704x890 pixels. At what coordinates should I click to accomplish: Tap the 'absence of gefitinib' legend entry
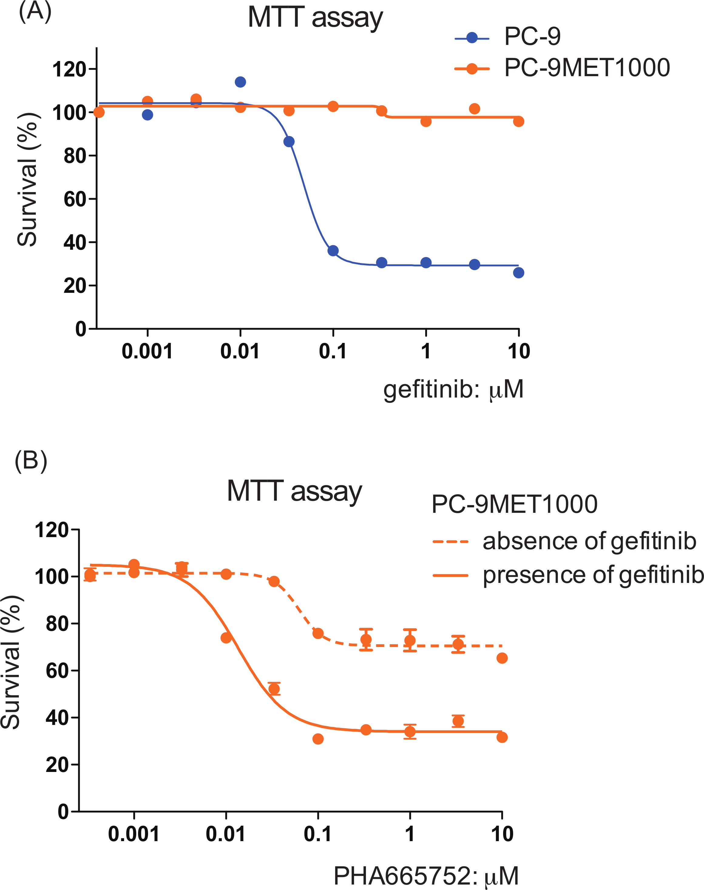click(589, 542)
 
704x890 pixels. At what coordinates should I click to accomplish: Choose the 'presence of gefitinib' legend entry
click(593, 575)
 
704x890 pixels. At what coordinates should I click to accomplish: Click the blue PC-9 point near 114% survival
click(240, 82)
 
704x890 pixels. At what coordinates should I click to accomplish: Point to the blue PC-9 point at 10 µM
click(519, 272)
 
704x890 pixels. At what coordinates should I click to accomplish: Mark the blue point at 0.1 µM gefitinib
click(333, 251)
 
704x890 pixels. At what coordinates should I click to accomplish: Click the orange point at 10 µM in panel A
click(519, 121)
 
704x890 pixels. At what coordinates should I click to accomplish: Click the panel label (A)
click(35, 12)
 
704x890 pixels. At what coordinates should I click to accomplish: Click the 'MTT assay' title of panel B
click(294, 491)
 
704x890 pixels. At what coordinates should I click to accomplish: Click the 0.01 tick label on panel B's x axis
click(225, 834)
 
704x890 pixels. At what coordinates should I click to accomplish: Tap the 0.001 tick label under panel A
click(147, 351)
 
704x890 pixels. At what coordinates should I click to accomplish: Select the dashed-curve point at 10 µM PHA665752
click(502, 658)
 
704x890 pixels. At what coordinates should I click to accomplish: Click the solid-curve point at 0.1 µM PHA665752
click(318, 739)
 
